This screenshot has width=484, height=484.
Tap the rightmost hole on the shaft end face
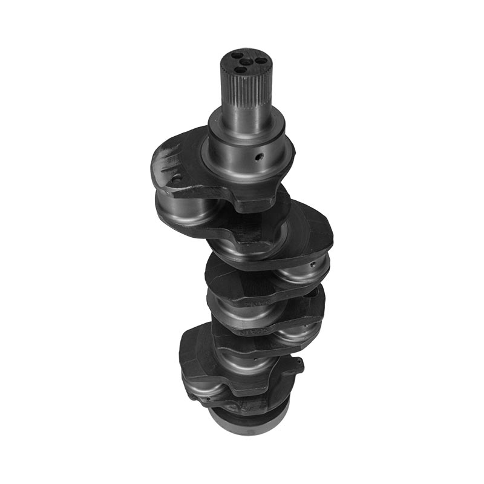[258, 60]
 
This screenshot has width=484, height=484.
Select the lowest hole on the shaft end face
[240, 70]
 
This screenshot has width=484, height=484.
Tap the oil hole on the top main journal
[258, 157]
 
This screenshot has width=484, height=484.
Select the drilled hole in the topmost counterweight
[177, 179]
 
